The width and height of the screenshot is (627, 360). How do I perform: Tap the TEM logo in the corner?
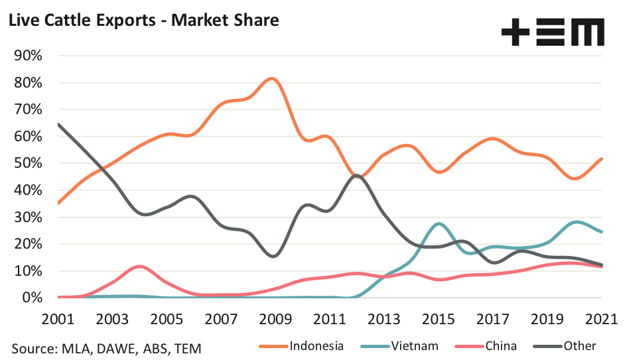point(553,32)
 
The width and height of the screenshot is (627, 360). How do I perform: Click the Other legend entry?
point(580,345)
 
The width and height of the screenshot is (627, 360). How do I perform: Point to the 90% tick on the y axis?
point(29,56)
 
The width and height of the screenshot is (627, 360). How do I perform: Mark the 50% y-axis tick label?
point(29,163)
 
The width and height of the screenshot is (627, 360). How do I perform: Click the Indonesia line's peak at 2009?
point(272,78)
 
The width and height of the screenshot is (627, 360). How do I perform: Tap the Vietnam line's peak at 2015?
point(438,224)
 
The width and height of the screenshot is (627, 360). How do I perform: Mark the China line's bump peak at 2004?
point(138,267)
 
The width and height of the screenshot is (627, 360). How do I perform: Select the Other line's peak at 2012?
point(357,175)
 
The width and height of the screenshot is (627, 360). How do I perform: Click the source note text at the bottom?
point(106,347)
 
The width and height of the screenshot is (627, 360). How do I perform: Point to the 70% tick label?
point(29,109)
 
